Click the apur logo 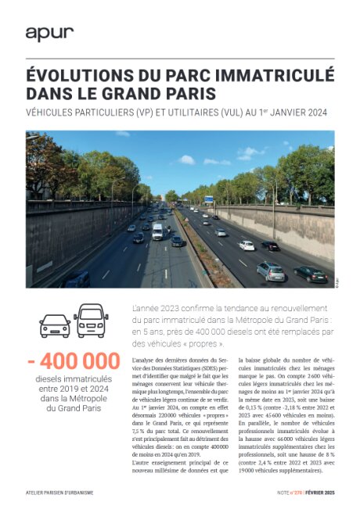coord(49,33)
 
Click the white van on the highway coord(157,231)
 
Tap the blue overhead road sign coord(209,199)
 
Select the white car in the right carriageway coord(247,246)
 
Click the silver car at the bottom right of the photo coord(271,271)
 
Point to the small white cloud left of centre coord(187,160)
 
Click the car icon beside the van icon coord(55,324)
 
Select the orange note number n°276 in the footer coord(285,494)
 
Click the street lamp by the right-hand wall coord(275,192)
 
